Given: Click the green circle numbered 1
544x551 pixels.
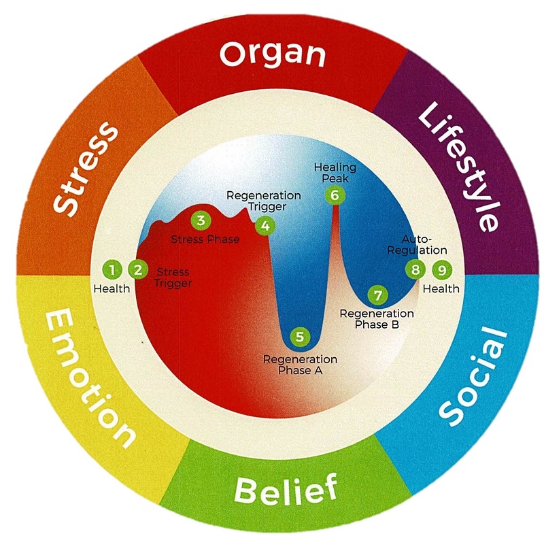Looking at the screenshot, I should coord(111,269).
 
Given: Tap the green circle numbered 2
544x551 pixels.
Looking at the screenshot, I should coord(138,269).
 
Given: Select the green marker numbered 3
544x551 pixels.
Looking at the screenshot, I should coord(200,220).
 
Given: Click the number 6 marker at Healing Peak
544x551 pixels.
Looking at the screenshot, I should coord(334,195).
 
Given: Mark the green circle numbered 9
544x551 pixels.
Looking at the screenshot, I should coord(442,270).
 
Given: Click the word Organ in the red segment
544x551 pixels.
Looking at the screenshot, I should coord(272,54).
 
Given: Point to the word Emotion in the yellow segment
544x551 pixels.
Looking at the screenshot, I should coord(89,378).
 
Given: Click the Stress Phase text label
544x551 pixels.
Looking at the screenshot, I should coord(205,239).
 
